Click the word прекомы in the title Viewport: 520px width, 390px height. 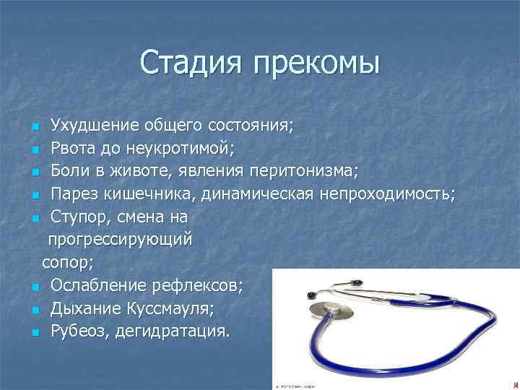point(316,64)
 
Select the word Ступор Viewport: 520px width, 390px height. point(79,218)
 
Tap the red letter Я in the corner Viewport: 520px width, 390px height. point(514,384)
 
